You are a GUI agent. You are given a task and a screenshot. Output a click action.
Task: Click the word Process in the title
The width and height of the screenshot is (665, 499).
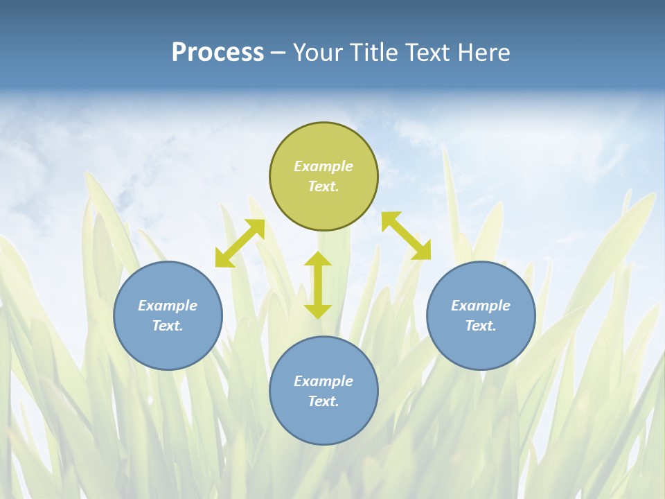[218, 53]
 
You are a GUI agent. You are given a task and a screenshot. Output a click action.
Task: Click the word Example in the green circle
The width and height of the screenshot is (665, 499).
[323, 166]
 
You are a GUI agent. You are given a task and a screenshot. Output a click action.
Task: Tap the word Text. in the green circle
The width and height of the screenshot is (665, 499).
[323, 186]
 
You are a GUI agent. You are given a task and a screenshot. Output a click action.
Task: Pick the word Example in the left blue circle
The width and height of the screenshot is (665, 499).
[168, 306]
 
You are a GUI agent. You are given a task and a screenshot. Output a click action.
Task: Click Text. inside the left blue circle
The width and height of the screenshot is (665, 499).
[168, 326]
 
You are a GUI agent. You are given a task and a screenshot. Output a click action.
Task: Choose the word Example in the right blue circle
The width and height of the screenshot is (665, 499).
[481, 306]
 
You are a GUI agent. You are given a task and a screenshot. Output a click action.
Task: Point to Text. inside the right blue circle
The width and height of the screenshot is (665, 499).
[481, 326]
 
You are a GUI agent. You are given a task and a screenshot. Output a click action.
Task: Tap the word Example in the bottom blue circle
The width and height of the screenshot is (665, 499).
[323, 381]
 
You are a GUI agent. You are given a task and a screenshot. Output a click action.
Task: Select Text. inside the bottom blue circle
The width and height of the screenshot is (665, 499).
[323, 401]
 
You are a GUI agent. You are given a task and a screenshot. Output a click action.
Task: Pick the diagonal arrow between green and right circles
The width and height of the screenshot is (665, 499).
[406, 236]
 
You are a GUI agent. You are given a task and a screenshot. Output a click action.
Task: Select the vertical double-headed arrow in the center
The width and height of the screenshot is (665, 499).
[318, 285]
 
